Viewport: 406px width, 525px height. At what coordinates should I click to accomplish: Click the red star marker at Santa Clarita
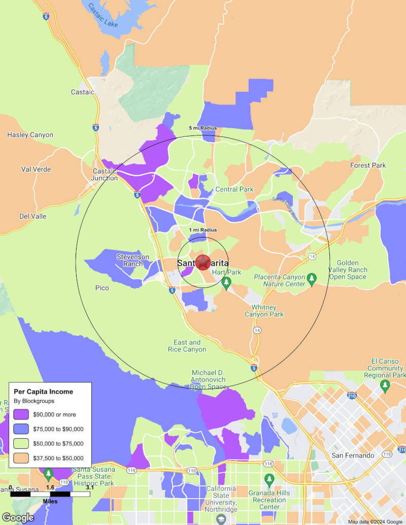tap(203, 262)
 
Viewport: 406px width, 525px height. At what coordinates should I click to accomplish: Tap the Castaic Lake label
tap(104, 16)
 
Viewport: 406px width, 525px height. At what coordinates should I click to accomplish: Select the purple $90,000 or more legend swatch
tap(20, 414)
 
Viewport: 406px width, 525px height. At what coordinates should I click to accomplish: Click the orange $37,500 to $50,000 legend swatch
tap(20, 458)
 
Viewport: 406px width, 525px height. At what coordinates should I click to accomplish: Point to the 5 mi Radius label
tap(202, 128)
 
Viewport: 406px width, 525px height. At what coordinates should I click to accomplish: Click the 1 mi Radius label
tap(202, 230)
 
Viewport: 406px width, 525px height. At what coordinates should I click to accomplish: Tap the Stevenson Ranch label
tap(133, 260)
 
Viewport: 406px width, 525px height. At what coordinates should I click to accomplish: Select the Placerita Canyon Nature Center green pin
tap(312, 278)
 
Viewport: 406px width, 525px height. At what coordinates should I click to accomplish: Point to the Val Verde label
tap(36, 169)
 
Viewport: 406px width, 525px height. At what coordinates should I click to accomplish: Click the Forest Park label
tap(368, 165)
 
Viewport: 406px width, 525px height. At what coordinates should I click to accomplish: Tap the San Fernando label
tap(353, 456)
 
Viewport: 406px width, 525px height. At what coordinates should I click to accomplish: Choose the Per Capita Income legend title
tap(43, 392)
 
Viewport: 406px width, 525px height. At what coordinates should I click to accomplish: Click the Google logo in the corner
tap(18, 517)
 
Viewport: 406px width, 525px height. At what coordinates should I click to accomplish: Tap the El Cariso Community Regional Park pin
tap(385, 386)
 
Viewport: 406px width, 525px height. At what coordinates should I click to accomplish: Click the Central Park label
tap(234, 189)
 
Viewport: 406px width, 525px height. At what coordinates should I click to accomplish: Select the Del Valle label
tap(33, 216)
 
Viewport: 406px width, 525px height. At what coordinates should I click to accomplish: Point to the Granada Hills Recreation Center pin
tap(269, 479)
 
